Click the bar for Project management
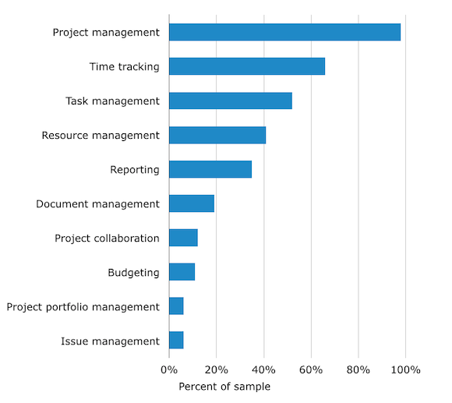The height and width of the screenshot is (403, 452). click(x=284, y=32)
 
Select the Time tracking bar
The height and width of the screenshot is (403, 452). click(x=247, y=66)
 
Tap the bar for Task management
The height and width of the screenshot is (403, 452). click(x=231, y=101)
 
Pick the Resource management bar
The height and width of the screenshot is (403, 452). click(x=217, y=135)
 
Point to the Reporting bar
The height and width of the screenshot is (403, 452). click(x=210, y=169)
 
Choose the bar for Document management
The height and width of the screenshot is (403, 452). click(x=192, y=203)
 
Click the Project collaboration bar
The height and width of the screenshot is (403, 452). click(x=183, y=238)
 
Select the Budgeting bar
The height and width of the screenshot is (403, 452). click(x=182, y=272)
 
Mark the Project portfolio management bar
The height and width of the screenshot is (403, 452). click(x=176, y=306)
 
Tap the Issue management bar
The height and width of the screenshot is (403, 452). click(x=176, y=341)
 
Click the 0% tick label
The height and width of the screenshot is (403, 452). click(x=169, y=369)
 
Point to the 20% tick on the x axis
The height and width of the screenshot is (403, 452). click(x=217, y=369)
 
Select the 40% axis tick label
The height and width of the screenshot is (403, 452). click(x=264, y=369)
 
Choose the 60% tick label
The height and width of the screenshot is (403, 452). click(x=312, y=369)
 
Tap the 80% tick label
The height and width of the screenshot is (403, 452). click(x=359, y=369)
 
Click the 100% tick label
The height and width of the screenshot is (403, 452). click(x=405, y=369)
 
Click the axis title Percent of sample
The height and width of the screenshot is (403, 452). click(x=224, y=387)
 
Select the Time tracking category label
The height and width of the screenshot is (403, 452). click(x=124, y=67)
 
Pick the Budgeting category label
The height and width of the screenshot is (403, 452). click(x=133, y=273)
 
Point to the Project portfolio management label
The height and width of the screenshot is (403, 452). click(x=83, y=307)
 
